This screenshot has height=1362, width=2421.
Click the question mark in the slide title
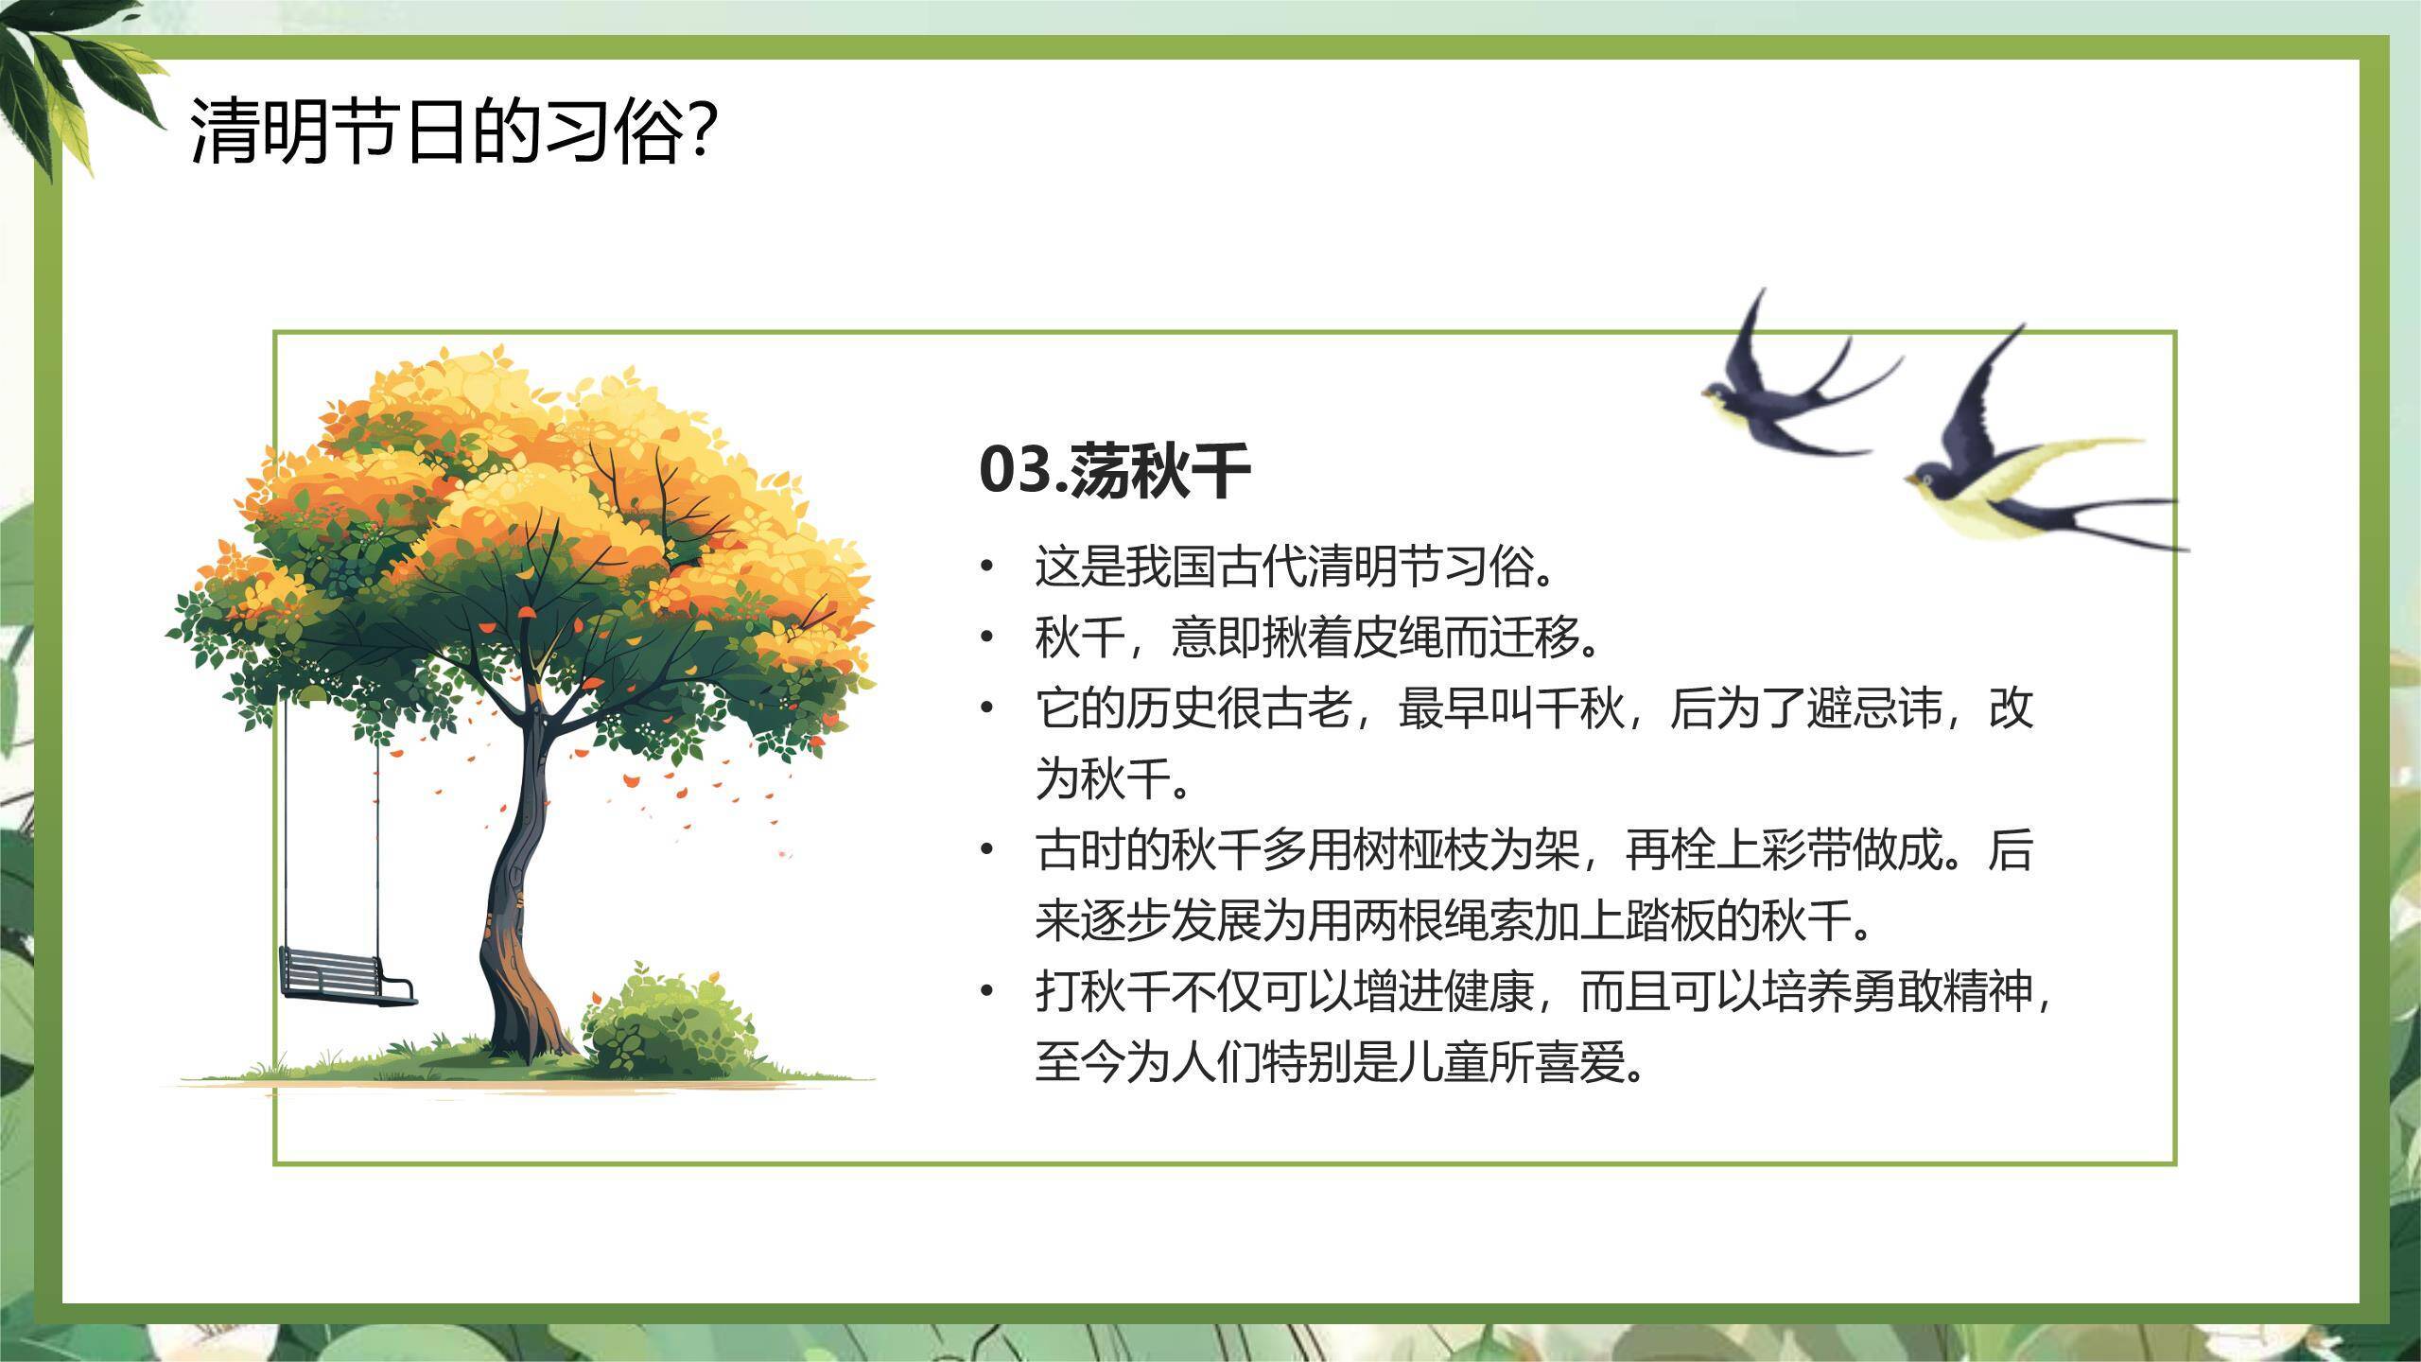[700, 131]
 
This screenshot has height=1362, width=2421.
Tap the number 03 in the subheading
[1015, 470]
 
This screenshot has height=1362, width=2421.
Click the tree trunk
[518, 899]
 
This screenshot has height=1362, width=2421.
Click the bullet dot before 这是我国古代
[987, 567]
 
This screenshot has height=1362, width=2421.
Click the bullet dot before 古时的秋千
[987, 850]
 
